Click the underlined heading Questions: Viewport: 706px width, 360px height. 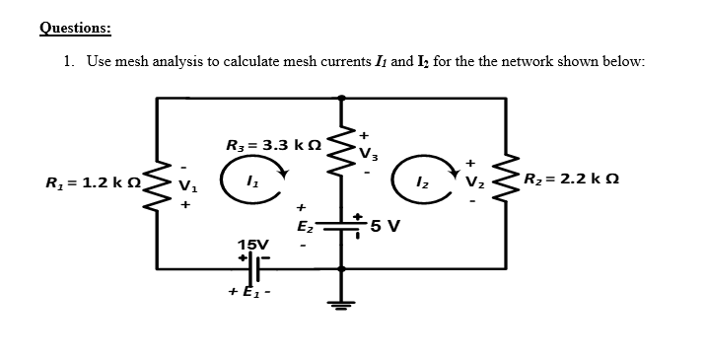76,28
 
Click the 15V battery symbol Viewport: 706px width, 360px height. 253,267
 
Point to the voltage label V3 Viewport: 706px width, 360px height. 368,152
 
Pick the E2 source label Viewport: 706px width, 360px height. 305,227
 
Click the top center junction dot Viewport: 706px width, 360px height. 342,98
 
